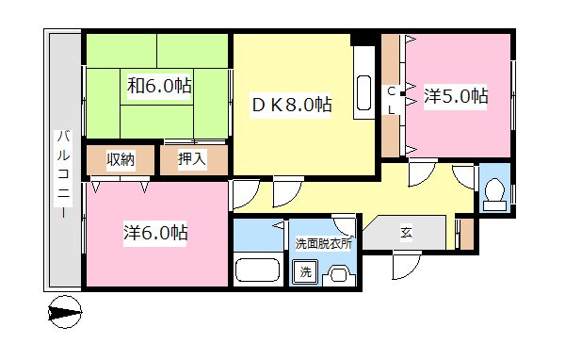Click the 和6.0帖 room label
pos(159,87)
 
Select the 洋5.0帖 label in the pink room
pos(456,95)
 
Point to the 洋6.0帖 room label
pos(155,233)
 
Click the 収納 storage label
pos(120,159)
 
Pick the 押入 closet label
pos(192,159)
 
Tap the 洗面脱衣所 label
pos(323,243)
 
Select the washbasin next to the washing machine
pos(337,274)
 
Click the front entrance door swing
pos(407,265)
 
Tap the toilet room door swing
pos(463,175)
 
